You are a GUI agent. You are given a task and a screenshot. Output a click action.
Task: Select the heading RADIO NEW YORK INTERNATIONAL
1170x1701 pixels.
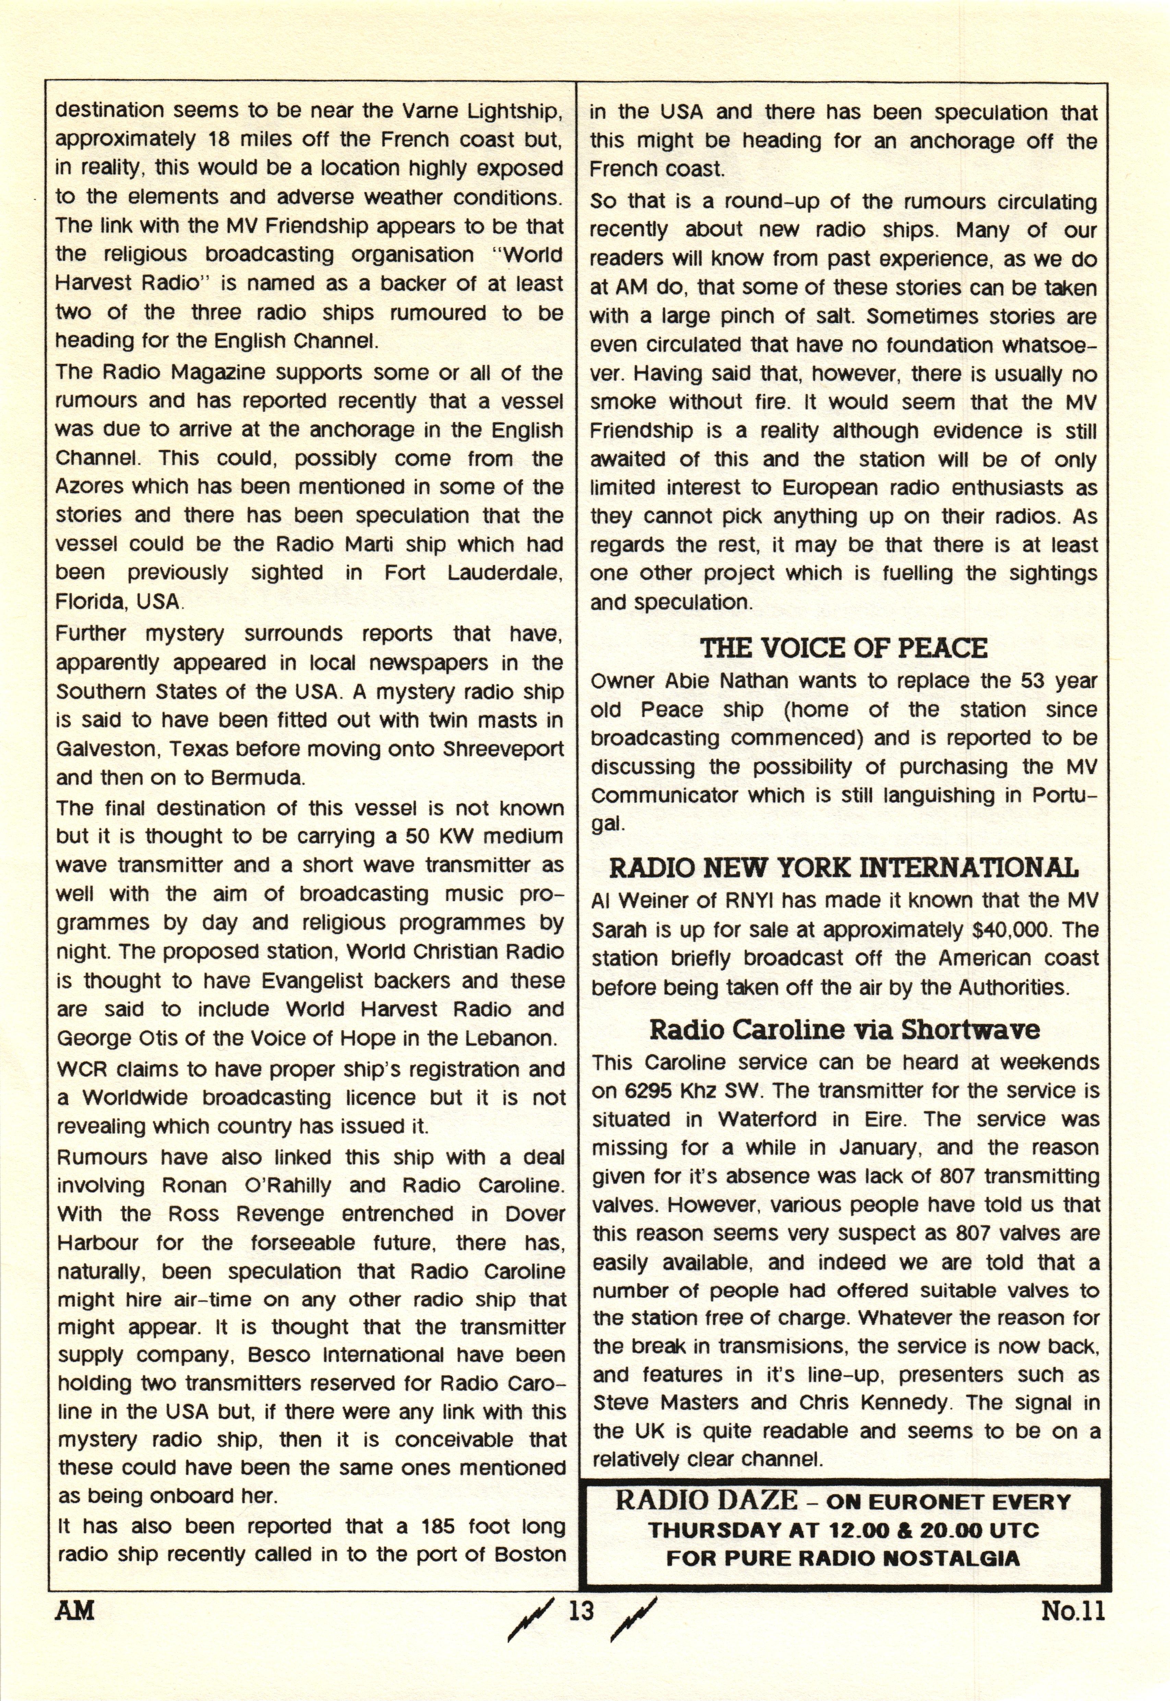843,869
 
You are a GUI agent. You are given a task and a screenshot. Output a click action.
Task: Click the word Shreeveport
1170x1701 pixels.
504,749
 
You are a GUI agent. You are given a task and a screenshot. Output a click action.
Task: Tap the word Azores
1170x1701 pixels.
91,487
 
